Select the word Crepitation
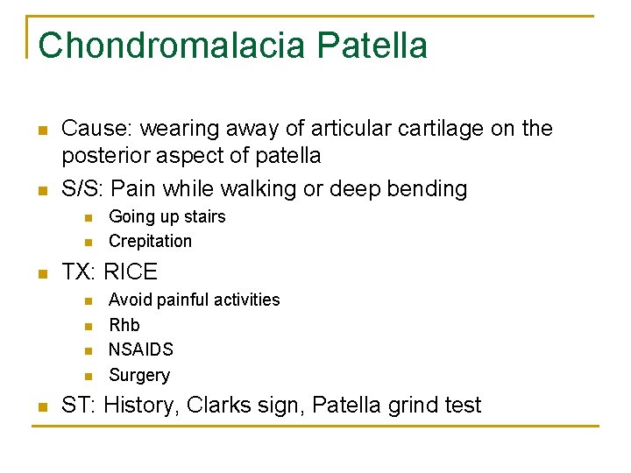pos(150,241)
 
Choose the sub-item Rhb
pos(124,324)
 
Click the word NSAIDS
pos(140,349)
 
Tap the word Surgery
pos(138,375)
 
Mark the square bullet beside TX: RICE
pos(40,273)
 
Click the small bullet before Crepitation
pos(86,242)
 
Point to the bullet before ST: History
pos(40,406)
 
